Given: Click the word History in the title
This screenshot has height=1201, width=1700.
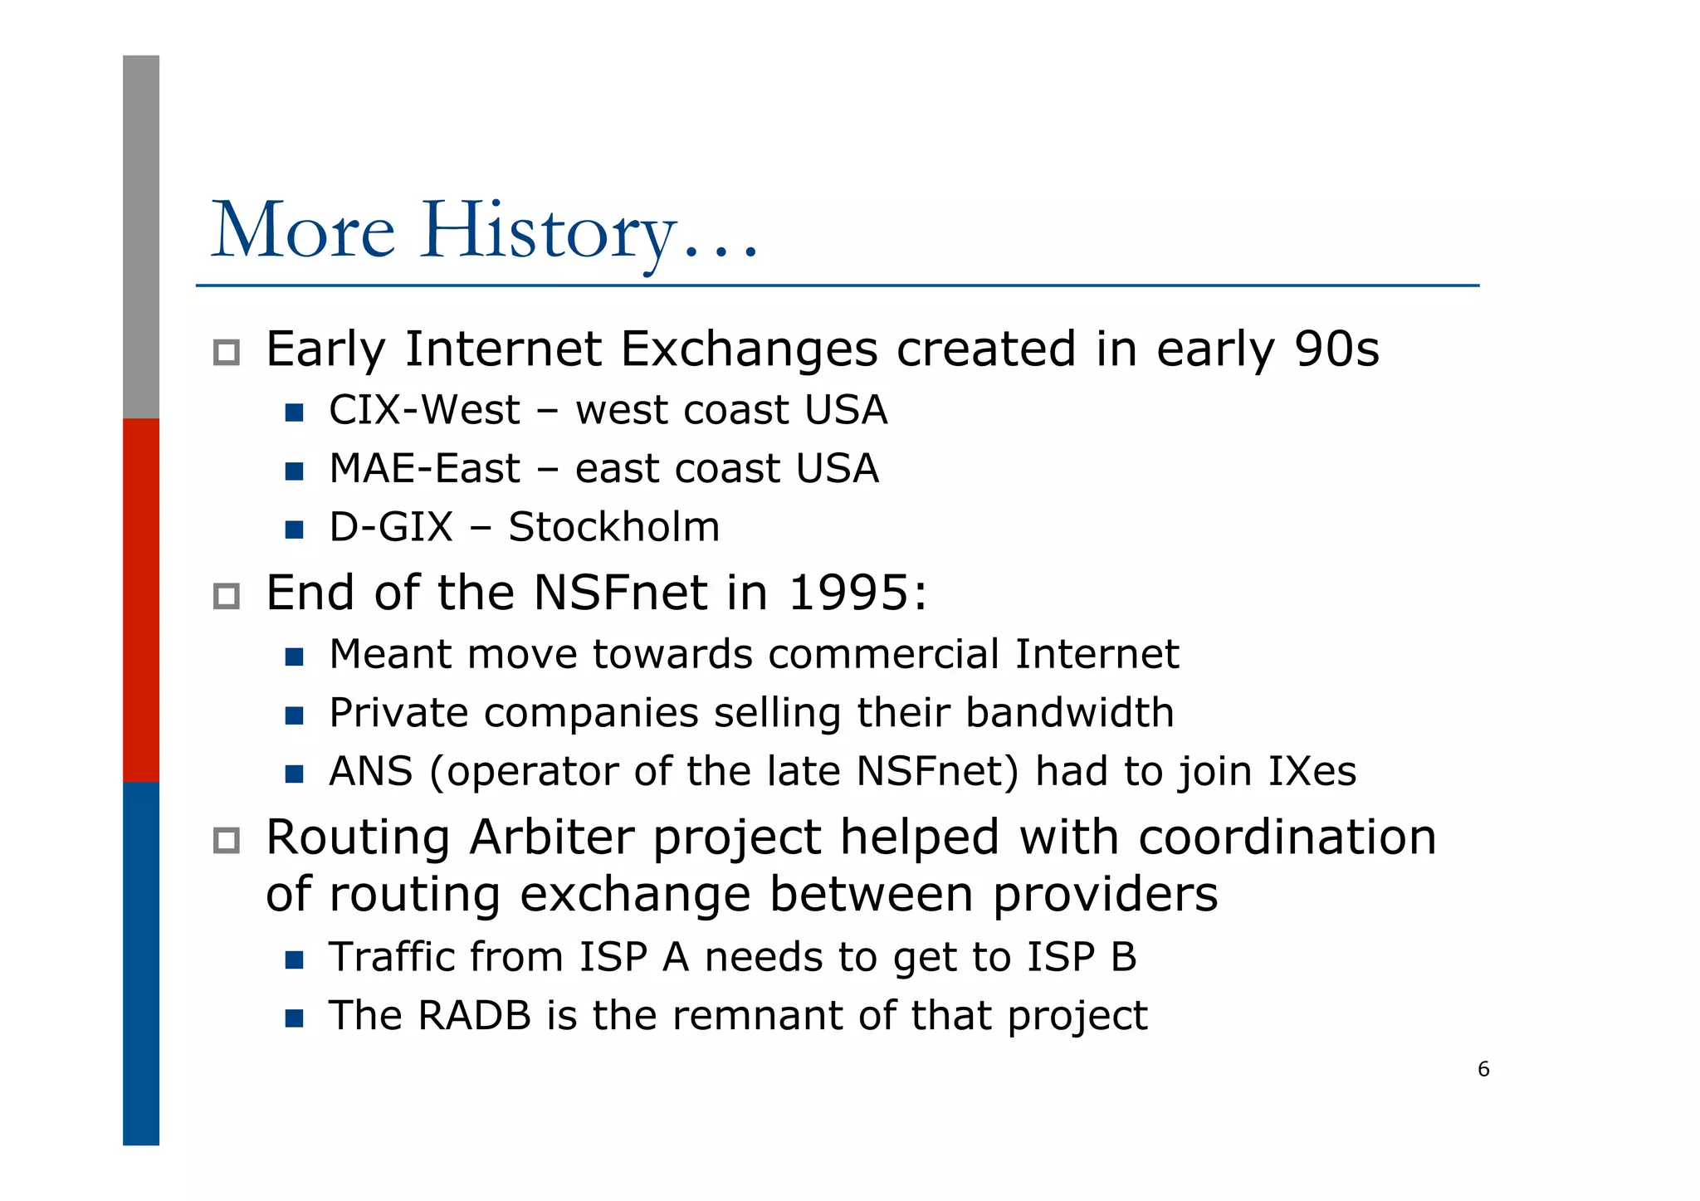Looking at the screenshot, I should coord(548,230).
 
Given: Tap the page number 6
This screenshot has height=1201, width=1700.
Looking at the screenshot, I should coord(1483,1069).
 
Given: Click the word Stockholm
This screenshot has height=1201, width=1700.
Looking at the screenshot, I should coord(613,527).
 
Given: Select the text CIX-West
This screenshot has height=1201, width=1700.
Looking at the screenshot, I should coord(424,410).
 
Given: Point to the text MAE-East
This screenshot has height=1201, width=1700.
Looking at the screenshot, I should coord(424,469).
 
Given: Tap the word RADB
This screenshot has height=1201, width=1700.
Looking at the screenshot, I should coord(474,1016).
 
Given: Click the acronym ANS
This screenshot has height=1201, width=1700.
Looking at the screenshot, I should coord(370,771).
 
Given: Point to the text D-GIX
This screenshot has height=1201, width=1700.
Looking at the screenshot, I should coord(391,527).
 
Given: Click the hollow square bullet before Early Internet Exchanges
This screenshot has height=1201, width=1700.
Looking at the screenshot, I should coord(226,353).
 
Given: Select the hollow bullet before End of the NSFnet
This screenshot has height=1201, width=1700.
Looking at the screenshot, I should coord(226,596).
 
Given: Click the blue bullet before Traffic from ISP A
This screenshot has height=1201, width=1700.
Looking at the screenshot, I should coord(294,960).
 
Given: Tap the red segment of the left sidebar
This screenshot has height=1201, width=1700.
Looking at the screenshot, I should coord(141,599).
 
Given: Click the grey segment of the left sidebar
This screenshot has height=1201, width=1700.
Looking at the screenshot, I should coord(141,237).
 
